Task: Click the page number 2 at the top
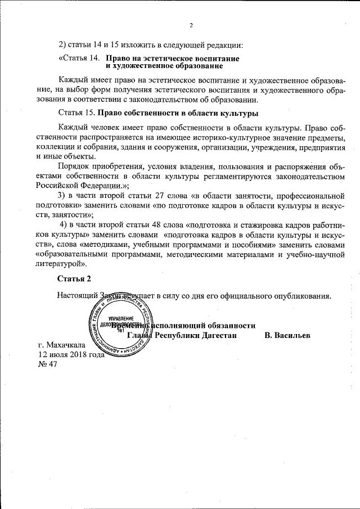click(191, 25)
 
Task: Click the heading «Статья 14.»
click(79, 58)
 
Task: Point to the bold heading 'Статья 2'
click(74, 278)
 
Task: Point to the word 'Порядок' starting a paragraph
click(75, 166)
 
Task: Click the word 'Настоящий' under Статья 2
click(78, 295)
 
